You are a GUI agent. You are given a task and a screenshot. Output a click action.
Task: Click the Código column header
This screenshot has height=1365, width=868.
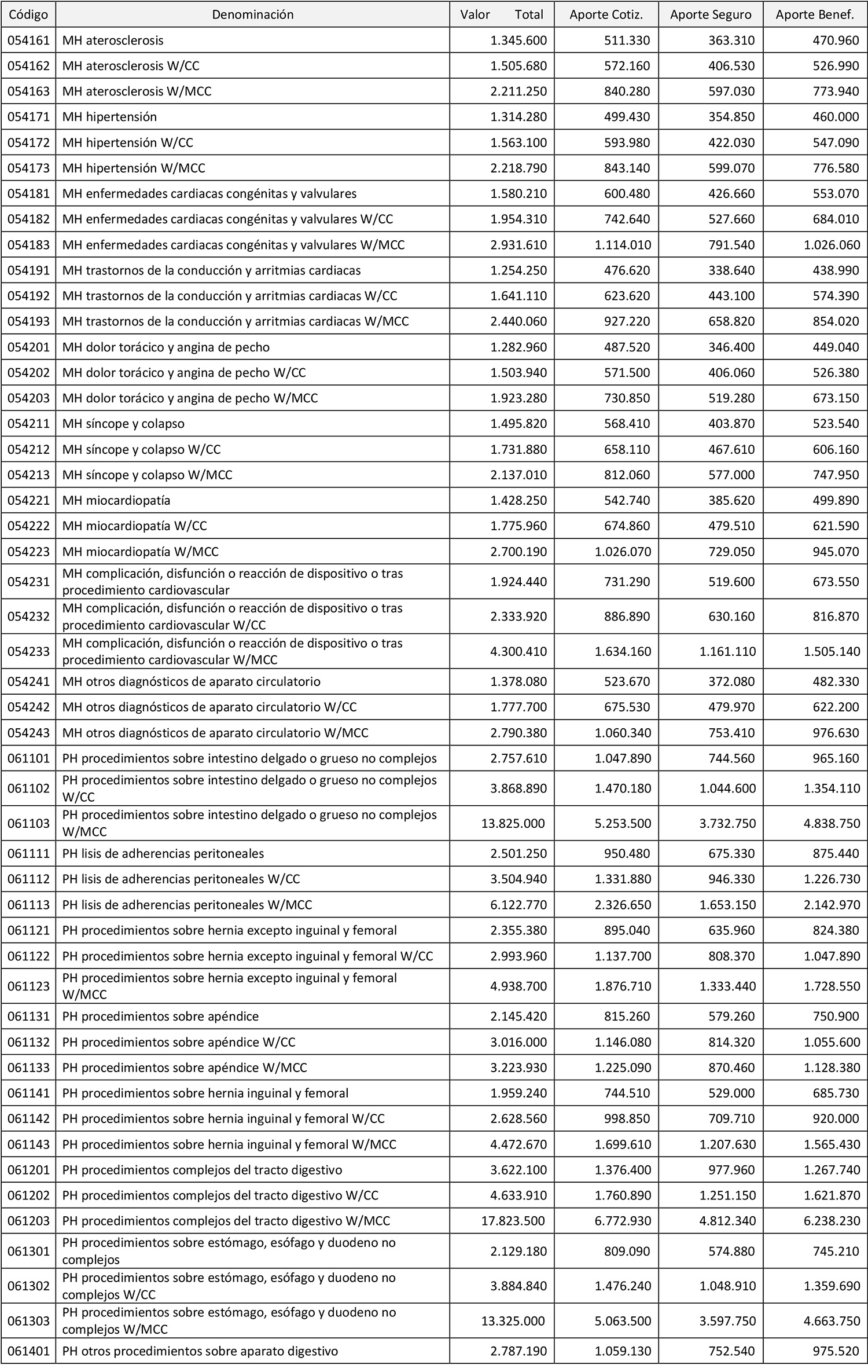click(28, 14)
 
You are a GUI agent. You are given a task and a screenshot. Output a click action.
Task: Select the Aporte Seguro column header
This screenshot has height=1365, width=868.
click(711, 14)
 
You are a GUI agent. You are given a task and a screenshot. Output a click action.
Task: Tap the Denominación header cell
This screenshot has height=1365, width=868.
click(253, 14)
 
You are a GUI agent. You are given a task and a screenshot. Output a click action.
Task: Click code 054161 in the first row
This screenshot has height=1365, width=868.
click(28, 41)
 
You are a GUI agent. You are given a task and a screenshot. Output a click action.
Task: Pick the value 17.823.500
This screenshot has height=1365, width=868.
click(513, 1221)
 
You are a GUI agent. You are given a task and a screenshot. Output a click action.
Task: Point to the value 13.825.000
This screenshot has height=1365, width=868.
click(513, 823)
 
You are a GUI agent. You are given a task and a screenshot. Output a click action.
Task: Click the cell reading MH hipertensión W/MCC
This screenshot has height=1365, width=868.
click(134, 168)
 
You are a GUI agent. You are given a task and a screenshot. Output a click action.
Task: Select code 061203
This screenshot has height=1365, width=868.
click(28, 1221)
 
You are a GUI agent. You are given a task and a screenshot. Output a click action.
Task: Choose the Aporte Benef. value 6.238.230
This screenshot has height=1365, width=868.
click(832, 1221)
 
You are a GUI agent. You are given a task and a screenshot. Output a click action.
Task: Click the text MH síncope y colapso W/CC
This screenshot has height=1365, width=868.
click(141, 449)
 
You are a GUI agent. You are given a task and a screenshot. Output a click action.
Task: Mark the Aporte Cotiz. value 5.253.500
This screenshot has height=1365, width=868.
click(623, 823)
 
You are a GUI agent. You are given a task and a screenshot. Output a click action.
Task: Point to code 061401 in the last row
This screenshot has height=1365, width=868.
click(28, 1351)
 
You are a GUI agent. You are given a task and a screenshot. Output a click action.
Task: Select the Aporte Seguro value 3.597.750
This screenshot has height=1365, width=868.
click(727, 1321)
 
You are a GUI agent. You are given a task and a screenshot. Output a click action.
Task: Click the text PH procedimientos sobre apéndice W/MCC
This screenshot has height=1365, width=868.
click(185, 1067)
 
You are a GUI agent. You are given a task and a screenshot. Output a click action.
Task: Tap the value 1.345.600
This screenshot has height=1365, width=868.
click(518, 41)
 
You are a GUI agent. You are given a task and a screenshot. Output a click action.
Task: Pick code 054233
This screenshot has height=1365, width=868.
click(28, 651)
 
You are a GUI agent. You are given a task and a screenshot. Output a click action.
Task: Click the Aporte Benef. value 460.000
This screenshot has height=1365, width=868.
click(836, 117)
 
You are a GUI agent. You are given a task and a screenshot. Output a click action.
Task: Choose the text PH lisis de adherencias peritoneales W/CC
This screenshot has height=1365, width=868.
click(181, 879)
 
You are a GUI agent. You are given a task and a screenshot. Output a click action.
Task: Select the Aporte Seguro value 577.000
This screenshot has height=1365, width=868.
click(731, 475)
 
